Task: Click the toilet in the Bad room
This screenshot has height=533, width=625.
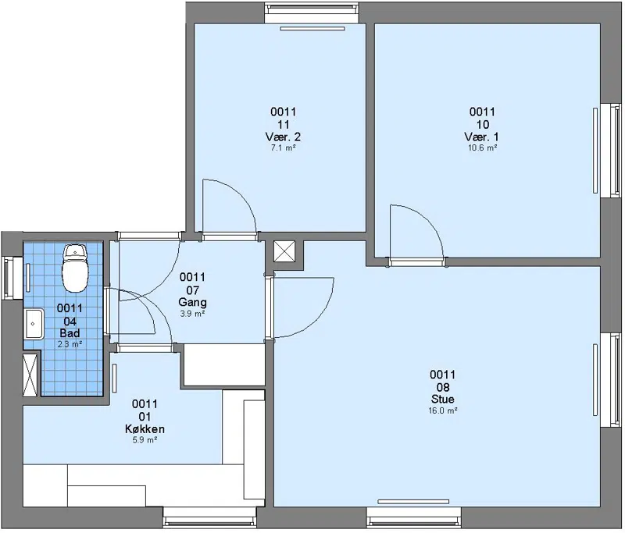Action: point(75,268)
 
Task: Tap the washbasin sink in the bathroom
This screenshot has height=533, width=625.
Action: point(34,324)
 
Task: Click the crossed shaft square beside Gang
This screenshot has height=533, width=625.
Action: point(284,251)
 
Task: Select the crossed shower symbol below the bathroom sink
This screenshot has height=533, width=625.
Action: point(30,375)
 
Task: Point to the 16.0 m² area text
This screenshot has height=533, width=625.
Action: point(442,410)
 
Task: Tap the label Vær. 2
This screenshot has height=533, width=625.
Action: point(283,137)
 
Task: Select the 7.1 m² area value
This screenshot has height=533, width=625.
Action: point(283,148)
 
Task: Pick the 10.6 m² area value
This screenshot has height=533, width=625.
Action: point(482,148)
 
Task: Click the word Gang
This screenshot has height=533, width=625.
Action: point(192,302)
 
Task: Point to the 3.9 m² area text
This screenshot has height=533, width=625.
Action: point(192,314)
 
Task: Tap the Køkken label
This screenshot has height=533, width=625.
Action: point(145,429)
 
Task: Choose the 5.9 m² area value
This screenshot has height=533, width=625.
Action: point(145,440)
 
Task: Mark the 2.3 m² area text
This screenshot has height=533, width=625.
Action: point(70,344)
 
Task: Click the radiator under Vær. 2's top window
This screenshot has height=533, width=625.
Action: point(312,28)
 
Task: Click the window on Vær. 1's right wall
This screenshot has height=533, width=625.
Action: point(612,151)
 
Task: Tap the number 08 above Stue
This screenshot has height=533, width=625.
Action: point(442,387)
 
